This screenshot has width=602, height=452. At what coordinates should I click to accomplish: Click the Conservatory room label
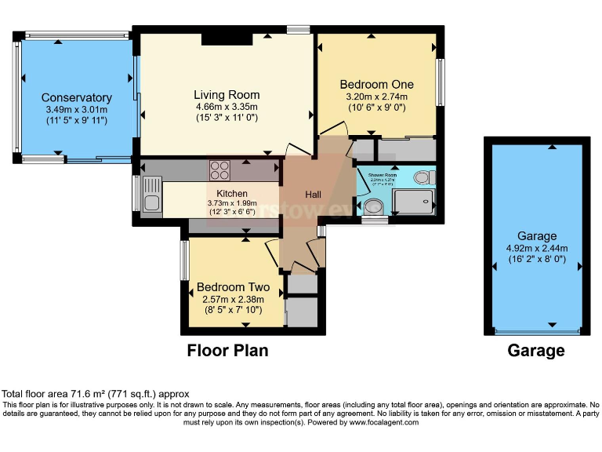pos(77,98)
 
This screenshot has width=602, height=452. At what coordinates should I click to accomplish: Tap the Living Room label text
pos(227,95)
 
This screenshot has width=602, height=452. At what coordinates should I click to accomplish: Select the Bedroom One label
pos(376,84)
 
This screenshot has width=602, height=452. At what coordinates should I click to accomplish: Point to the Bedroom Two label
pos(233,287)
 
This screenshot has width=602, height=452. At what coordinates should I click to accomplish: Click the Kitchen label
pos(232,194)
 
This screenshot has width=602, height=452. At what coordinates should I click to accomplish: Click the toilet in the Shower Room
pos(423,176)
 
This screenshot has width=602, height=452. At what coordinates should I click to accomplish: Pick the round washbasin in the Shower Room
pos(374,206)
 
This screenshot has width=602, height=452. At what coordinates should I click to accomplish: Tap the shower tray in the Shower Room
pos(413,202)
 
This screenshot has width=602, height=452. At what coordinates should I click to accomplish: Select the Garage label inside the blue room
pos(537,235)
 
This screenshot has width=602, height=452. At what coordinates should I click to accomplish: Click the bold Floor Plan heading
pos(227,351)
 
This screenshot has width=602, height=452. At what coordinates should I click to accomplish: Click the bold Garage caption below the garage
pos(536,351)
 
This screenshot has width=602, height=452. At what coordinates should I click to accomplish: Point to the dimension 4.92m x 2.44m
pos(537,247)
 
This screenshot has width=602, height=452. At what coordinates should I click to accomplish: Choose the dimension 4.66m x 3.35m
pos(227,107)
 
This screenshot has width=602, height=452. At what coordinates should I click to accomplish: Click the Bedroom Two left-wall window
pos(185,258)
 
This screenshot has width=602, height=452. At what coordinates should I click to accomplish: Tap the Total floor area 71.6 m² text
pos(95,394)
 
